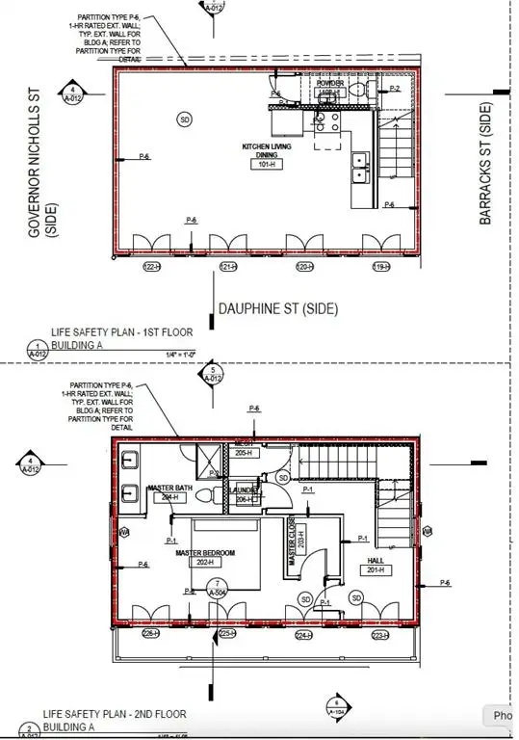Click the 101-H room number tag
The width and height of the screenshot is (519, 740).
(268, 165)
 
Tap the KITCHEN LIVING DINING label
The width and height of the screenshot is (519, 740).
(268, 150)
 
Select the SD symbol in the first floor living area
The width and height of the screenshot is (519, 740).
(183, 119)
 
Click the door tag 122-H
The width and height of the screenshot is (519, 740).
(150, 266)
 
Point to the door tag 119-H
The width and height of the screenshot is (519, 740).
(381, 266)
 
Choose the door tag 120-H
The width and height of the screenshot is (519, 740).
(304, 266)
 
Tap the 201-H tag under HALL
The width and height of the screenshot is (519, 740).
(376, 570)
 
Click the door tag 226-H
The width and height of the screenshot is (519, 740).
(150, 633)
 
